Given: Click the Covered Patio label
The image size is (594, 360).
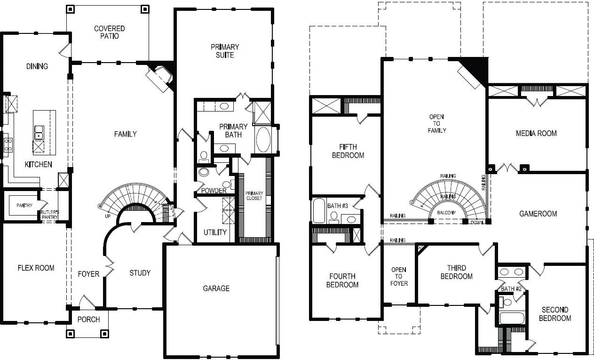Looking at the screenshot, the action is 109,32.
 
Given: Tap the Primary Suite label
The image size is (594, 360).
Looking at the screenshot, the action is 225,51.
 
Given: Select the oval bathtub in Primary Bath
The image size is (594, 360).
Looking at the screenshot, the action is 263,140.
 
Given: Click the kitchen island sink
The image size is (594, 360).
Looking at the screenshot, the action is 39,133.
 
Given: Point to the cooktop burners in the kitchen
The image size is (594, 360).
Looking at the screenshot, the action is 8,145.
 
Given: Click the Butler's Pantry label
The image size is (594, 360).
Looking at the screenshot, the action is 49,215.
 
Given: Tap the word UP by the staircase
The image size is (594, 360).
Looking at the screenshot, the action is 108,216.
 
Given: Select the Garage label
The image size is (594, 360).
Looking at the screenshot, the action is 216,288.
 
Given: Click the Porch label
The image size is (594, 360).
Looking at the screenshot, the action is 88,320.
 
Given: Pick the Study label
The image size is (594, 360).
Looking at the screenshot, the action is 140,273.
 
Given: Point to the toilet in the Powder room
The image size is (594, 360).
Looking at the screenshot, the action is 204,172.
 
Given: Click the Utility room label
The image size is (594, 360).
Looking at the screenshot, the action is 215,232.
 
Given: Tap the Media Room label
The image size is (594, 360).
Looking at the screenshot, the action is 536,133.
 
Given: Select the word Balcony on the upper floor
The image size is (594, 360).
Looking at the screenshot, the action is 446,213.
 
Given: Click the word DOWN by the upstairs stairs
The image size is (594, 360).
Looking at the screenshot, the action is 477,222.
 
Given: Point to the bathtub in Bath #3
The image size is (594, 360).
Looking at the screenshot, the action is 319,210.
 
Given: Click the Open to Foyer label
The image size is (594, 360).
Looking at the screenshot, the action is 399,277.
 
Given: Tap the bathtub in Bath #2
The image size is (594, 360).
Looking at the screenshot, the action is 512,318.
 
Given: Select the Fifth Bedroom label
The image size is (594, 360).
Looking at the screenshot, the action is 348,151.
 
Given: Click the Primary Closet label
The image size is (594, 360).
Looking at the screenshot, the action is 254,196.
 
